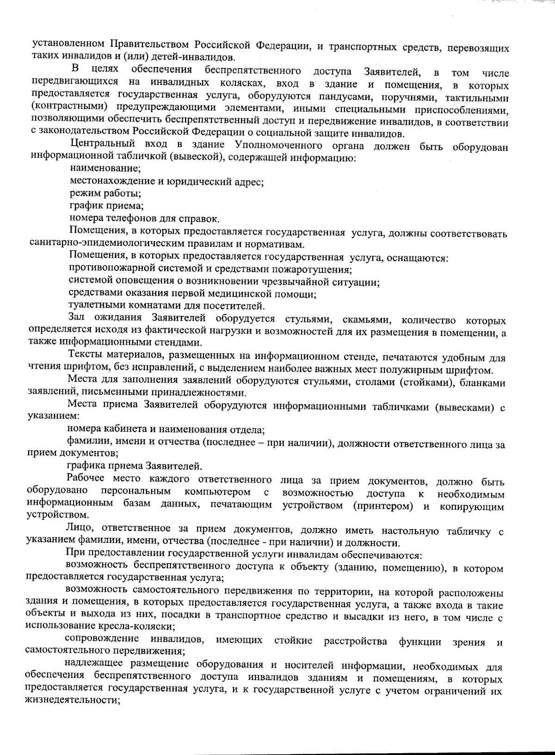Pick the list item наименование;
coord(105,169)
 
